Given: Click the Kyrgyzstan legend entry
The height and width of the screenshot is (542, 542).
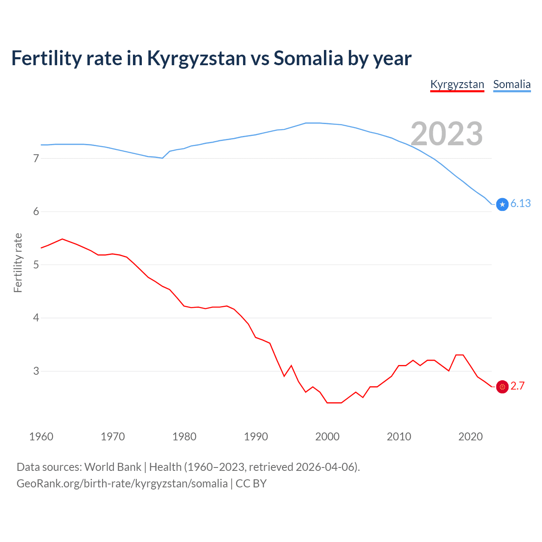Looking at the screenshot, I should coord(457,84).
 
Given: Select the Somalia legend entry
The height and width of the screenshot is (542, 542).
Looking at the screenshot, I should coord(512,84).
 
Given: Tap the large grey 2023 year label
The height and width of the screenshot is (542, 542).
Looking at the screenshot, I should coord(447,134).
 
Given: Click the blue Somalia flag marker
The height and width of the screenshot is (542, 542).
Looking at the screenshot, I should coord(502,205).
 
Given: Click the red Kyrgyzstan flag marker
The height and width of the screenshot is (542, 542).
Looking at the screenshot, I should coord(502,387).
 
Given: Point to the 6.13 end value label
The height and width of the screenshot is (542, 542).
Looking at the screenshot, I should coord(520,204).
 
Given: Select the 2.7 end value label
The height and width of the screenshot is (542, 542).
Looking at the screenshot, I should coord(517,386).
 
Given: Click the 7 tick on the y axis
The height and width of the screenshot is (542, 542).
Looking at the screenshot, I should coord(36,159).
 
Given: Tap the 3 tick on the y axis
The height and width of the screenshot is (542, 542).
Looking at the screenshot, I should coord(36,371).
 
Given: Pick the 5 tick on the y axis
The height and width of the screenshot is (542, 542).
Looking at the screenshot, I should coord(36,265).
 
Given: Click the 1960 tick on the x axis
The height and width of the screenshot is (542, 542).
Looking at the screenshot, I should coord(41,437).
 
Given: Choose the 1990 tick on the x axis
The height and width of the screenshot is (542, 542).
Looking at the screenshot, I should coord(256,437).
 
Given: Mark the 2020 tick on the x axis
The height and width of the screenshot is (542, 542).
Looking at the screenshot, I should coord(470,437).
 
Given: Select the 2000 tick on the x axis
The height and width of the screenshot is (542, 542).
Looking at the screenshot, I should coord(327,437).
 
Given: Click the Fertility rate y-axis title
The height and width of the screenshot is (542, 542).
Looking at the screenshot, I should coord(18,263).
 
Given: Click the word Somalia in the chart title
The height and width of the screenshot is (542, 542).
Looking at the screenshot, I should coord(308,58).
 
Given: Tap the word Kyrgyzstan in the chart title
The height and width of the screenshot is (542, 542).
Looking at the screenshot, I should coord(196,58).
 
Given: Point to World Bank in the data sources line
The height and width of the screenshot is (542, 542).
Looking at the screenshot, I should coord(113,467).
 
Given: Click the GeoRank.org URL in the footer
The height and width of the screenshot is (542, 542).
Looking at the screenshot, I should coord(122,484).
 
